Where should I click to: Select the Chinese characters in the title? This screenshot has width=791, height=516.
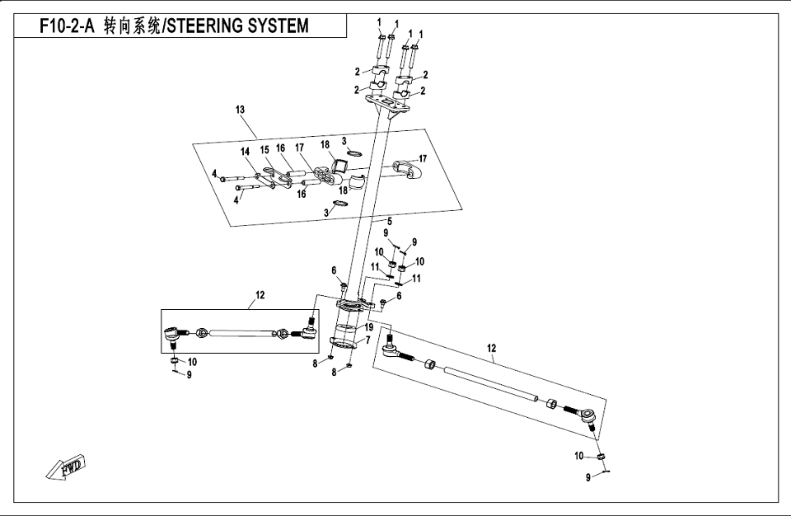tap(131, 26)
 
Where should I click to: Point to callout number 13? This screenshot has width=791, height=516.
tap(240, 110)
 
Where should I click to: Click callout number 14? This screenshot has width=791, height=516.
tap(245, 152)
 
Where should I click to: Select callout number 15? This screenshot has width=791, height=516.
tap(264, 150)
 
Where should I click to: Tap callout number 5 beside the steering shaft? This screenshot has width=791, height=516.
tap(389, 221)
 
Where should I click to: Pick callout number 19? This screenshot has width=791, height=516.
tap(368, 327)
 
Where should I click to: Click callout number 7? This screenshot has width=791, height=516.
tap(368, 339)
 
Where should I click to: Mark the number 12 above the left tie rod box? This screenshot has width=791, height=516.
tap(260, 294)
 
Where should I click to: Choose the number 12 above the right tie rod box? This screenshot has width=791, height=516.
tap(492, 349)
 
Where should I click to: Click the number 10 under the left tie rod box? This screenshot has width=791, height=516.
tap(192, 362)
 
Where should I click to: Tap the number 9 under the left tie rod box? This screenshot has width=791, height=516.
tap(189, 375)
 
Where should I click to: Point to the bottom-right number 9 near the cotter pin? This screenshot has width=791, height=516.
tap(587, 476)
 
